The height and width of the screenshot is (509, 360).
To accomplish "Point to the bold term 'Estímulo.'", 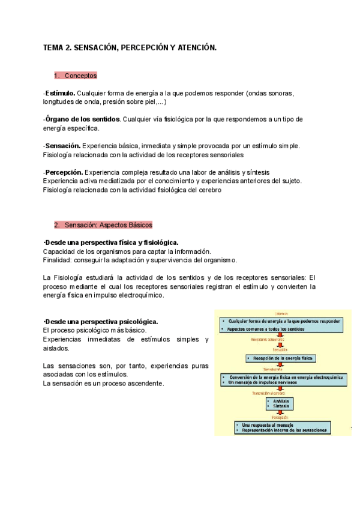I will point(60,94).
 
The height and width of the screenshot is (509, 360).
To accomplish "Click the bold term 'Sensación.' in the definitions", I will point(63,146).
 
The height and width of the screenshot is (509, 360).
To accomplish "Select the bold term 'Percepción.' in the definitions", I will point(64,172).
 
